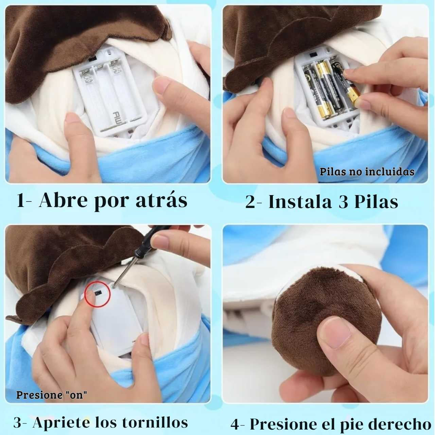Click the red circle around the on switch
[x=99, y=293]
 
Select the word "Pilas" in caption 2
[x=376, y=202]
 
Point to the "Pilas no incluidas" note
[x=367, y=171]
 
